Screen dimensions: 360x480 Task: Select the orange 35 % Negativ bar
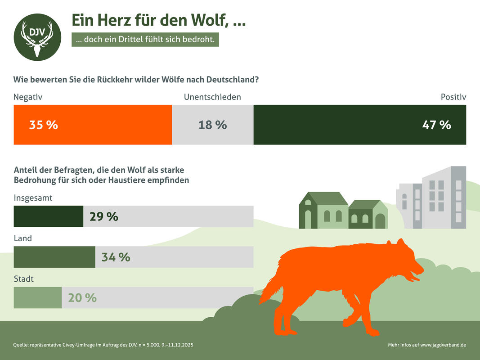(x=93, y=125)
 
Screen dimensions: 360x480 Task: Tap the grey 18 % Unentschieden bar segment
(x=213, y=125)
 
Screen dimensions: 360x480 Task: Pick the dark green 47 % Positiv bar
(x=360, y=125)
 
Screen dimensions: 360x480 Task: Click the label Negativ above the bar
(x=28, y=97)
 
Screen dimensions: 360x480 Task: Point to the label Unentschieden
(x=212, y=97)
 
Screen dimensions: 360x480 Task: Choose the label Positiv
(x=453, y=97)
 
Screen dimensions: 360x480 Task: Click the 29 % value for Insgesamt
(x=104, y=216)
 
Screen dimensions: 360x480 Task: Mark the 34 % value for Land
(x=116, y=257)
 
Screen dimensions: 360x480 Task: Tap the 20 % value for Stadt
(x=82, y=297)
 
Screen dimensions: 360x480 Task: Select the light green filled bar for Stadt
(x=38, y=297)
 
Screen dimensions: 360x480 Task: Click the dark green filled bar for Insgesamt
(x=49, y=216)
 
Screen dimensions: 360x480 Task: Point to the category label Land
(x=23, y=238)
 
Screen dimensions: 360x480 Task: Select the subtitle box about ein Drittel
(x=145, y=40)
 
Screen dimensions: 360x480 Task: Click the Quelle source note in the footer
(x=103, y=345)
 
